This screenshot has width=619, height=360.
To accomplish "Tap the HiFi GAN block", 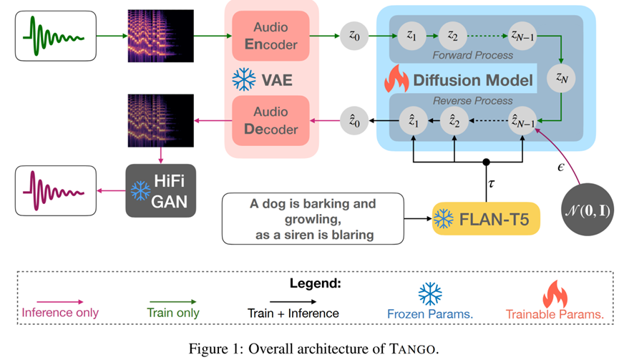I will click(x=160, y=190).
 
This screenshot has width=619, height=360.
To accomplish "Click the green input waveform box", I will click(x=57, y=35).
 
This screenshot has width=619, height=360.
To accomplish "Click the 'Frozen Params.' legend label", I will click(x=429, y=313).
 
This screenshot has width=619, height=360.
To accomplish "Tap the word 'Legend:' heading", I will click(x=315, y=283).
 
